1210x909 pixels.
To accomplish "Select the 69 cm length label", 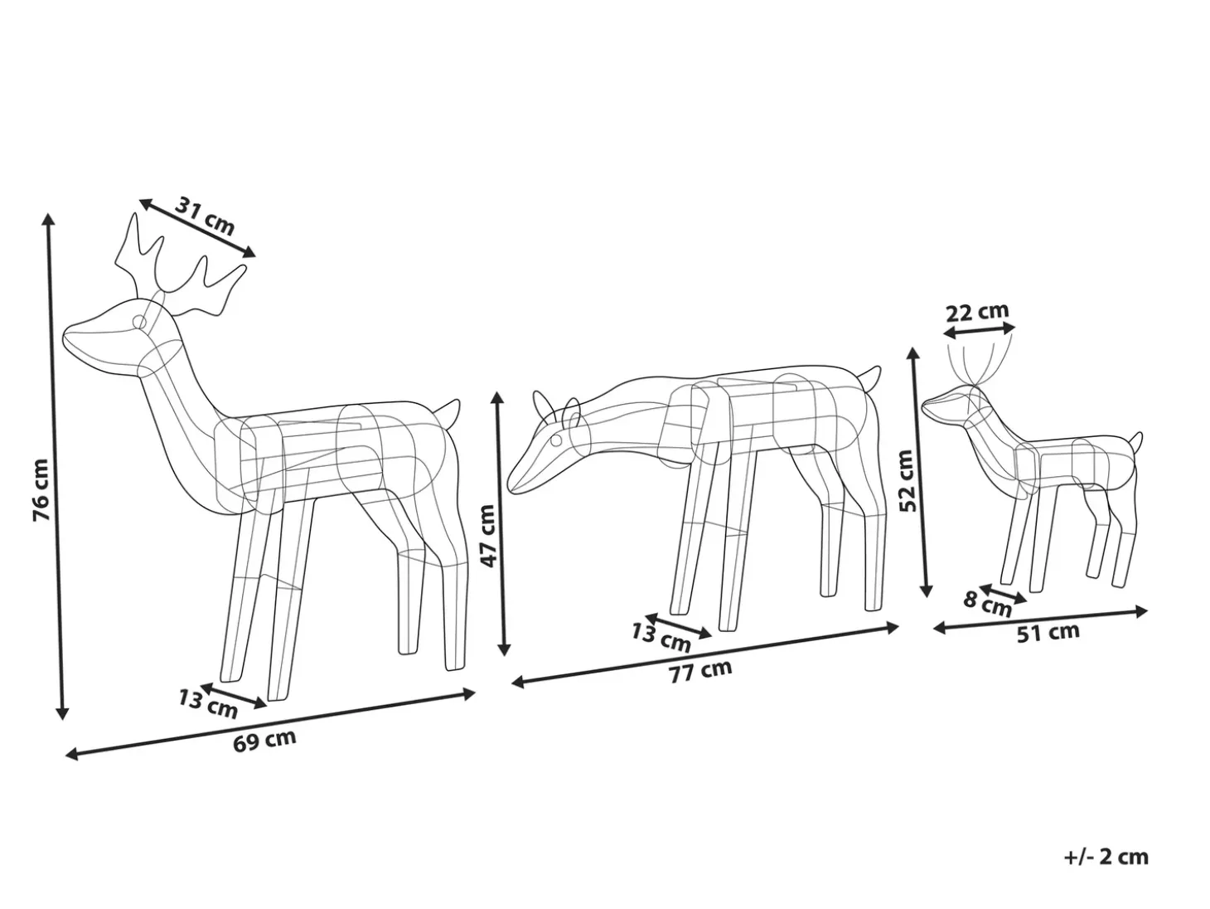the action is click(x=264, y=741).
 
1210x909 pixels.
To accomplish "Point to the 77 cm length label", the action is click(x=700, y=671).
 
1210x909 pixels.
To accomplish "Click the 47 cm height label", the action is click(x=489, y=535).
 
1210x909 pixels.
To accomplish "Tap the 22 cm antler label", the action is click(x=977, y=312).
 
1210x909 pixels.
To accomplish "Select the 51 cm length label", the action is click(x=1048, y=632).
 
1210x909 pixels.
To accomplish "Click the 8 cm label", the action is click(x=987, y=604).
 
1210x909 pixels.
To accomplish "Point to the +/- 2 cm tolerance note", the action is click(x=1106, y=857).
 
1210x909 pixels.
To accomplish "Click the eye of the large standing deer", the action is click(x=140, y=322).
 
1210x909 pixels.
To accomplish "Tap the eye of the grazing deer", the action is click(x=556, y=440).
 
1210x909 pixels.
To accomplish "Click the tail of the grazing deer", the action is click(x=871, y=378).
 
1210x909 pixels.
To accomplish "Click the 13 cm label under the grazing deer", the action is click(x=661, y=638).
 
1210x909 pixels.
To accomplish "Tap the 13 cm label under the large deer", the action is click(x=207, y=704).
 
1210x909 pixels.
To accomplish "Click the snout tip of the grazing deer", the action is click(x=510, y=489).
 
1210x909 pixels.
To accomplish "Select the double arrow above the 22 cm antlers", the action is click(x=979, y=331).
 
